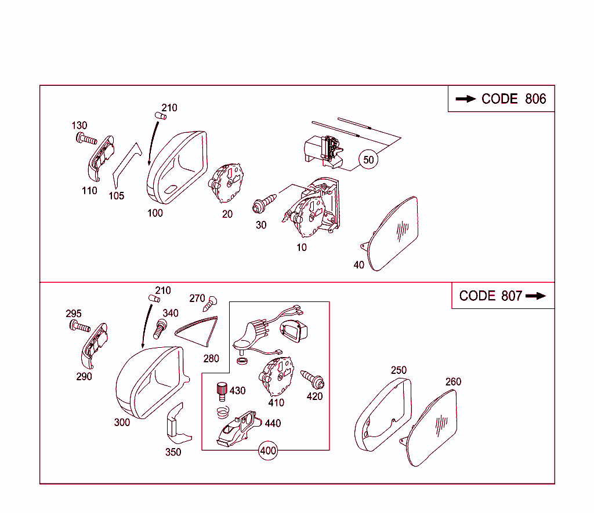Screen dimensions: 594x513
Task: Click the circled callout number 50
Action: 368,160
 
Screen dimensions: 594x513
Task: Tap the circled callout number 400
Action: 268,450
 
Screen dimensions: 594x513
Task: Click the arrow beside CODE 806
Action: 466,99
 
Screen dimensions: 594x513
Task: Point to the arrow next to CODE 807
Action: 535,296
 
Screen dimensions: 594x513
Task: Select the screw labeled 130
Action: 86,138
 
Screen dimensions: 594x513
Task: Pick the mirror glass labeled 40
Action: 390,234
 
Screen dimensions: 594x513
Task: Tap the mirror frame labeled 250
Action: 383,414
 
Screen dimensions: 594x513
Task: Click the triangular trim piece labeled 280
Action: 198,331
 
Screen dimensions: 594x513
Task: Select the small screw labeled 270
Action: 210,304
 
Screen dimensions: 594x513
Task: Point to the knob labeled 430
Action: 222,391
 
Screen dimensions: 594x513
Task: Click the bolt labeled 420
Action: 313,379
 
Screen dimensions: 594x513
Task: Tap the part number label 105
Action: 116,196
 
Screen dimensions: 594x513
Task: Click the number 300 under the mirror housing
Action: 122,422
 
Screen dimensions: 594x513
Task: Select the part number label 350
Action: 173,452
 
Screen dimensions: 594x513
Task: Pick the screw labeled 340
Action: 160,329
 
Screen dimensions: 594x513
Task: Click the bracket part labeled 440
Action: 238,428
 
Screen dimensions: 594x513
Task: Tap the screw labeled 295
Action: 80,326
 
